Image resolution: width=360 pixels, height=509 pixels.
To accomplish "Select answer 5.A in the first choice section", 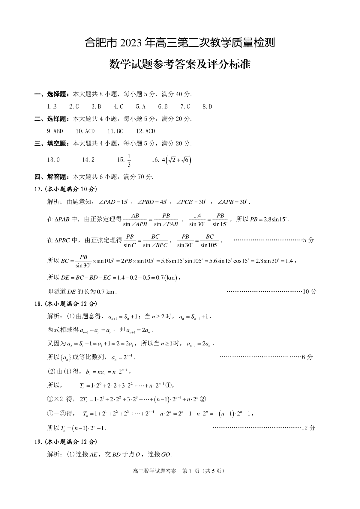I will point(140,106).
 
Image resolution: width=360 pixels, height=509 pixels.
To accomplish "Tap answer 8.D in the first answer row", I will point(207,106).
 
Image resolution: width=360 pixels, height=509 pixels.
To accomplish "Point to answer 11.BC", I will point(115,131).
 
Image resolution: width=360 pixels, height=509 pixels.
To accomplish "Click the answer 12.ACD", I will point(145,131).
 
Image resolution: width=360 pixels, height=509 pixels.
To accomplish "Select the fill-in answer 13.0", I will point(53,160).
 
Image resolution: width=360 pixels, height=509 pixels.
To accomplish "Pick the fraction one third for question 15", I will point(129,160).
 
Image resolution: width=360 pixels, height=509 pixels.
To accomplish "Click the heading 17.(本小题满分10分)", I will point(66,189).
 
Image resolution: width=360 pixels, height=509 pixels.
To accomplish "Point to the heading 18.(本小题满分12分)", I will point(66,304).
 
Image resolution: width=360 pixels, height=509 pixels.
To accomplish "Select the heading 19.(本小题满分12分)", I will point(66,442).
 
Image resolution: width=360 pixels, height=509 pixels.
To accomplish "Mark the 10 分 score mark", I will point(310,291).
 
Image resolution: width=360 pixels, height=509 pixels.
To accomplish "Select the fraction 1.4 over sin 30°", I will point(197,220).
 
